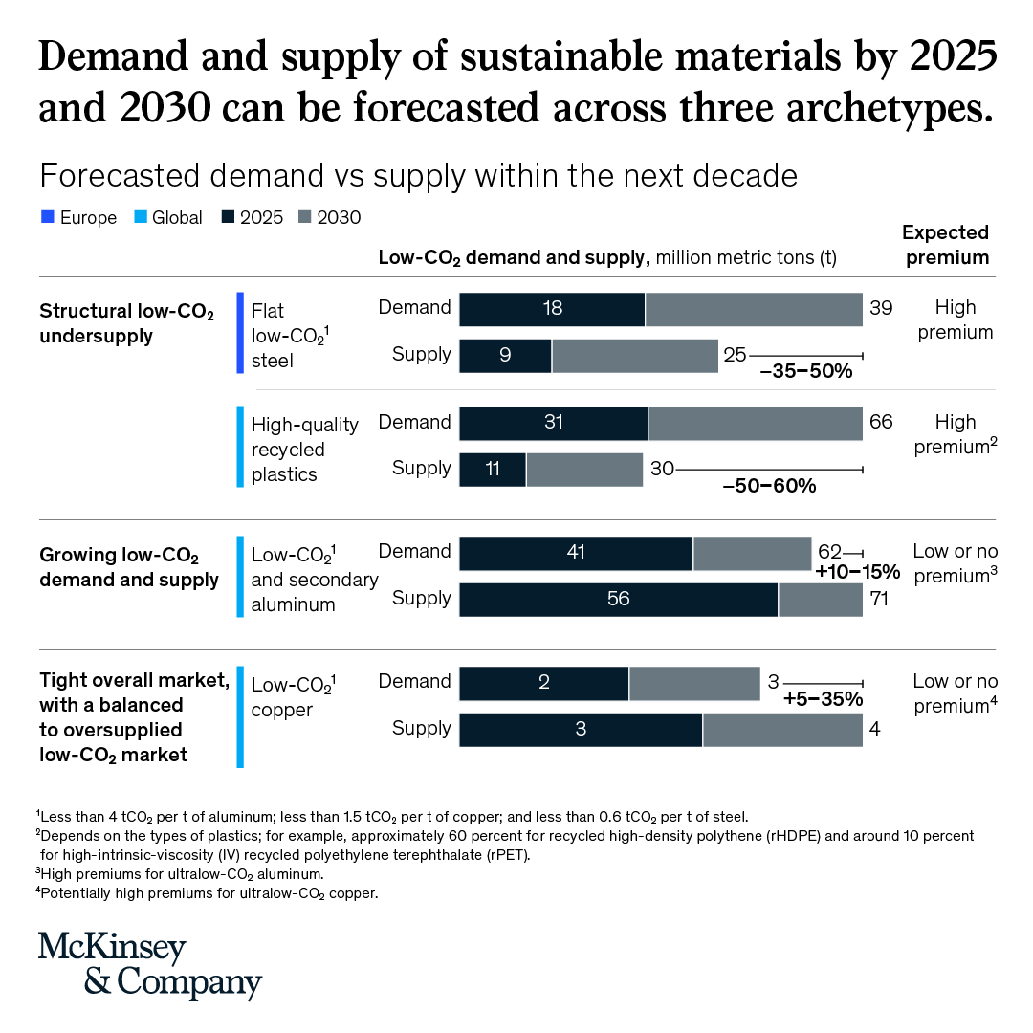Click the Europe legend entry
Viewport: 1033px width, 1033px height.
(x=78, y=217)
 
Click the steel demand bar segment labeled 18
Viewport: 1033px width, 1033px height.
(x=552, y=309)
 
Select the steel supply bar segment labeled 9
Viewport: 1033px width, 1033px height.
(x=505, y=356)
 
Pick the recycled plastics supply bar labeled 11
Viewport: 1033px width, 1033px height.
(x=493, y=470)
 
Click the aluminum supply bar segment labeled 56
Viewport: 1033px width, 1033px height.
(x=618, y=600)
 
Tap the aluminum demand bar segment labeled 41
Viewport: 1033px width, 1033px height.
(x=576, y=553)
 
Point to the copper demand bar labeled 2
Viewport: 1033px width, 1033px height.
(x=543, y=683)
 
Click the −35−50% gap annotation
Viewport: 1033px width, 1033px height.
(x=805, y=372)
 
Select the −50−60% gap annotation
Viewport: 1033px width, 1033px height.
(x=769, y=486)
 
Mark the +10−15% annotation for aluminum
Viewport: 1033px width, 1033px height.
(x=858, y=572)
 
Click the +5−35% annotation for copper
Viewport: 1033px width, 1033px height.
(x=823, y=699)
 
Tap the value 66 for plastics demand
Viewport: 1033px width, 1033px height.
(x=879, y=423)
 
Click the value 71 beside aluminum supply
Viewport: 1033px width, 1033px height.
(x=879, y=600)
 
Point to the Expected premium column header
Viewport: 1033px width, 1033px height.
(x=945, y=245)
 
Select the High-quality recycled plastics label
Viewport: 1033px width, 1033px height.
(x=304, y=450)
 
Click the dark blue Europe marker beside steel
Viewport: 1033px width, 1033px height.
(x=241, y=333)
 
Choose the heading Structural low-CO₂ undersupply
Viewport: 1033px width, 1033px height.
(x=126, y=323)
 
